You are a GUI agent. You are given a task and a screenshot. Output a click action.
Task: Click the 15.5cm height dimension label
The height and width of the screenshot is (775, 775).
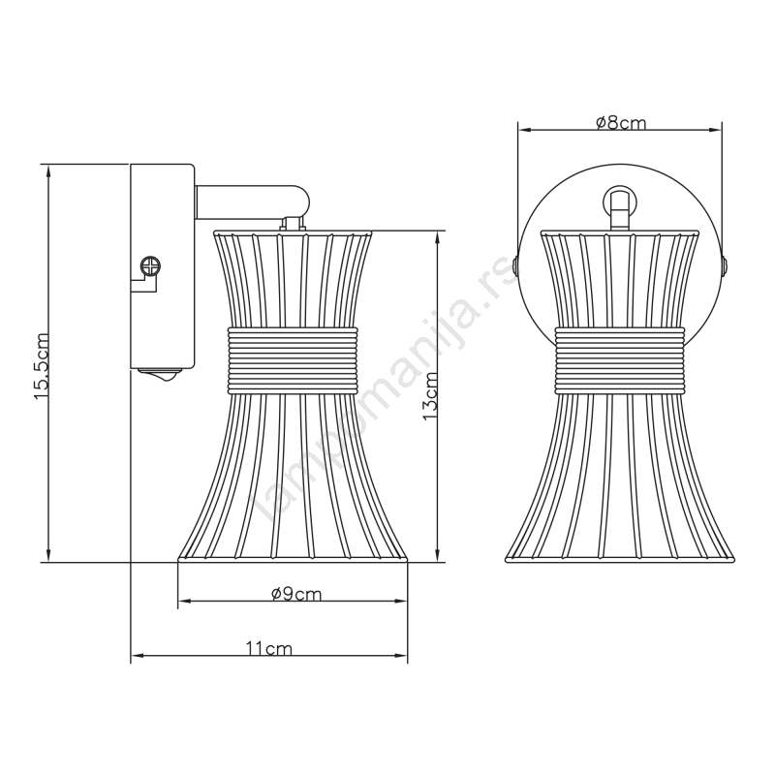42,359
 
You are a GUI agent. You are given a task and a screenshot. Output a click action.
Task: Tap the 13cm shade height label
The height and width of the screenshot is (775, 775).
429,396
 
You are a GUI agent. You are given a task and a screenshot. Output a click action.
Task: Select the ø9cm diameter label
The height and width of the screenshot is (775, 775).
296,594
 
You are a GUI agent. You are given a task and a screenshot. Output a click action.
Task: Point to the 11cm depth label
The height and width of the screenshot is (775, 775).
269,648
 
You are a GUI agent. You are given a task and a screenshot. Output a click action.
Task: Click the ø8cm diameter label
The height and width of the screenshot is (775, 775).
621,122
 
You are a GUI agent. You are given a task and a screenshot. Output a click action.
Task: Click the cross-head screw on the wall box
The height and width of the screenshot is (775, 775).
150,266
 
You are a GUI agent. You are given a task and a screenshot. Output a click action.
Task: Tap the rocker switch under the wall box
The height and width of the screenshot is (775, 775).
161,376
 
